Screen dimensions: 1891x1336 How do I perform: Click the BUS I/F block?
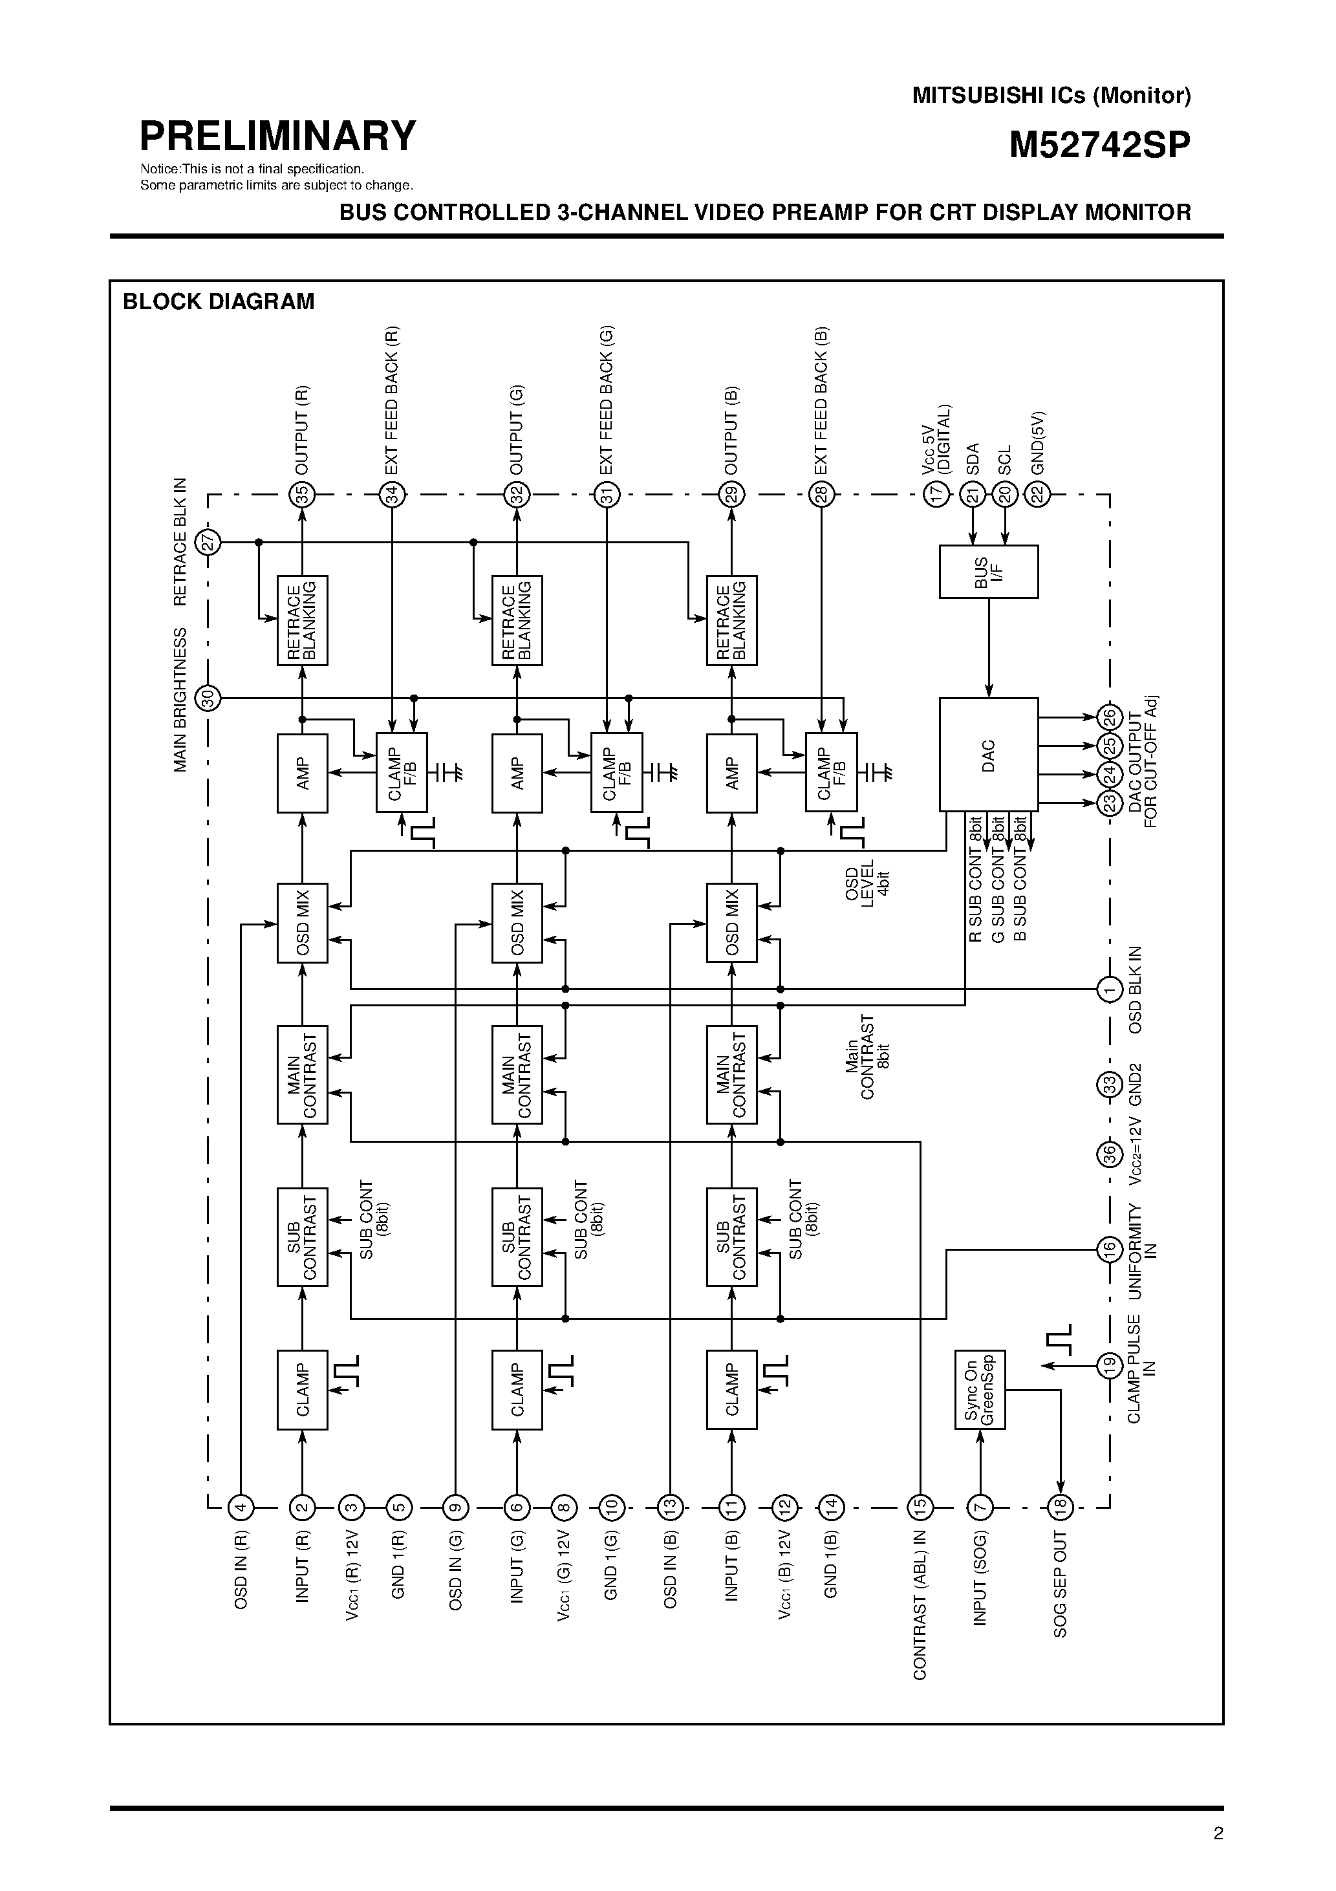click(987, 572)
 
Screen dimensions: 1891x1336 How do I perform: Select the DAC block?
click(987, 755)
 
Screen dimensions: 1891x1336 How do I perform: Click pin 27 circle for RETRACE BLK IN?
click(208, 542)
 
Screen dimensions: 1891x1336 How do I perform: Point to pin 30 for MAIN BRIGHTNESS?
click(208, 698)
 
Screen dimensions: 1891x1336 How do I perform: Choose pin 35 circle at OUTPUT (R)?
click(302, 495)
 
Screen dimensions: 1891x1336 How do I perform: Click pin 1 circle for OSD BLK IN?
click(1110, 988)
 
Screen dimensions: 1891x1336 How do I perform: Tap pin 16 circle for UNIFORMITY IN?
click(1110, 1249)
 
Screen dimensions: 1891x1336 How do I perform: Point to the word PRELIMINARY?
click(277, 136)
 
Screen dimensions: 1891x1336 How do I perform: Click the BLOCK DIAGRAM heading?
click(219, 301)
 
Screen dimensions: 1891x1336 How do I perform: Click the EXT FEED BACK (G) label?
click(607, 400)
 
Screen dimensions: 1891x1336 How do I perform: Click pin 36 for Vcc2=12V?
click(1110, 1154)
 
